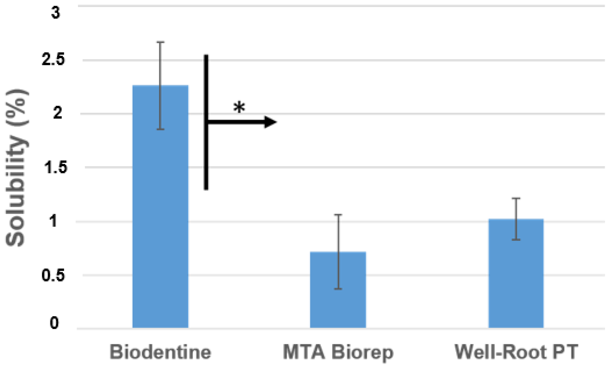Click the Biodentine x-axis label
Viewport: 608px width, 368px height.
[160, 352]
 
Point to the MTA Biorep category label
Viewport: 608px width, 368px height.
[338, 352]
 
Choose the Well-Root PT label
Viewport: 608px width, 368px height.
[516, 352]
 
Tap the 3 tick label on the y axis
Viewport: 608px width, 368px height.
[55, 13]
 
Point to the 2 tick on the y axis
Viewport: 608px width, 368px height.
[58, 113]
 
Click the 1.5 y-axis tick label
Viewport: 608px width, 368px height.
[55, 167]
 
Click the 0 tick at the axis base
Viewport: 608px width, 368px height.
[54, 323]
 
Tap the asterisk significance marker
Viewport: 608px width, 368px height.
[239, 108]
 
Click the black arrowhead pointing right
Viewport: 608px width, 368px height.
[270, 122]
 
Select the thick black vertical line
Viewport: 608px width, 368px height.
[206, 122]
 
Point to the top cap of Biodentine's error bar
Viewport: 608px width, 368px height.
[160, 42]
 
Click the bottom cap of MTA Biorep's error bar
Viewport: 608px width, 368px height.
[338, 289]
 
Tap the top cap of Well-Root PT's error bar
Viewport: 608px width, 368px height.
[516, 199]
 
